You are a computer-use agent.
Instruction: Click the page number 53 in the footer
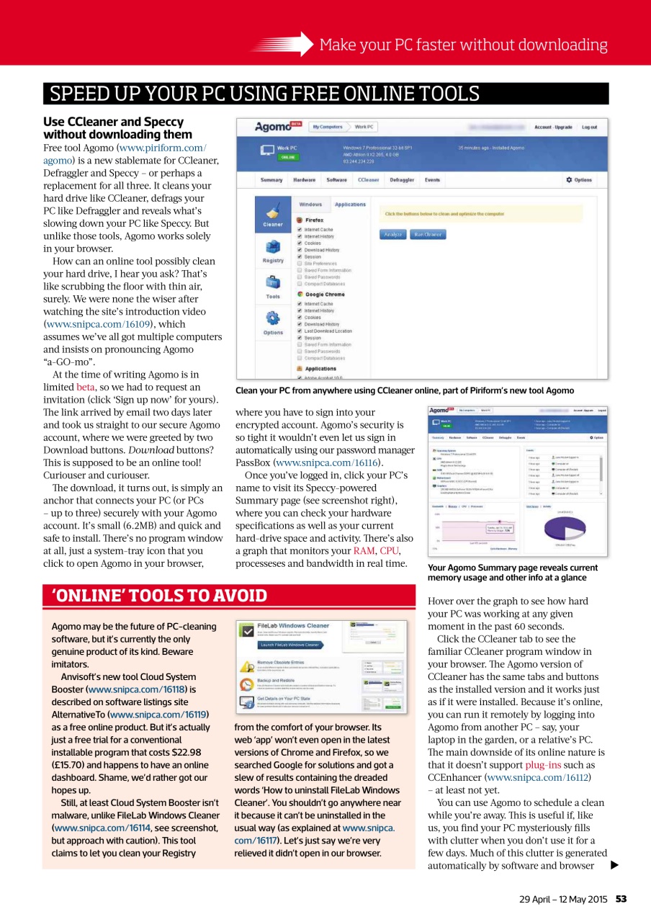[621, 899]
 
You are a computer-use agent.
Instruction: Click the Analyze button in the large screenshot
[392, 234]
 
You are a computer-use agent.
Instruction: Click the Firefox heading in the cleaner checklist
[314, 220]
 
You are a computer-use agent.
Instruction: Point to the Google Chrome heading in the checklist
[325, 295]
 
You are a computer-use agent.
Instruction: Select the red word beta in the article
[86, 387]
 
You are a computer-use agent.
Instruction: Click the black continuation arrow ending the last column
[614, 865]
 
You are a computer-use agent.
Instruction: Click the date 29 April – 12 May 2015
[564, 899]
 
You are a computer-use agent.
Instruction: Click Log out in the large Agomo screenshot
[589, 127]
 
